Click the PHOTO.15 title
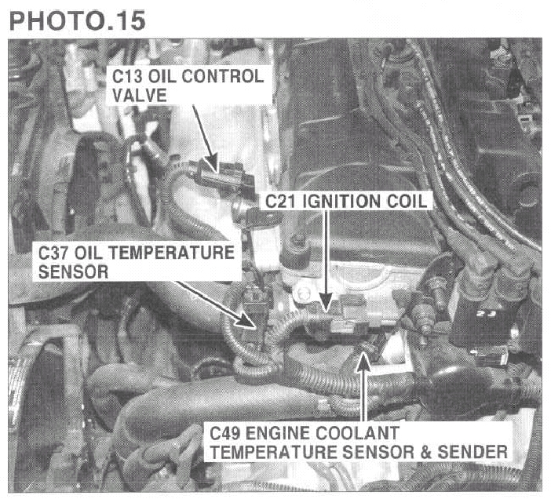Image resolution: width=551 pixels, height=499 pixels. point(77,20)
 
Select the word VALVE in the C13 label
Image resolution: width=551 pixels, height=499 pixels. point(140,95)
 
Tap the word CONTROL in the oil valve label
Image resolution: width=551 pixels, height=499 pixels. point(223,76)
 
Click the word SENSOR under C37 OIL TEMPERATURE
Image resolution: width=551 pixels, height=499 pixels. point(73,271)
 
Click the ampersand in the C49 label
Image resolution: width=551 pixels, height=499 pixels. point(426,452)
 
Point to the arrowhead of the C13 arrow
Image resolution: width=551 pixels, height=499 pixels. point(212,163)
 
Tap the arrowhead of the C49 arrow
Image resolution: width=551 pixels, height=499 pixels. point(364,362)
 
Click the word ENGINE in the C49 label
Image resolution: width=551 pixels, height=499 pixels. point(277,433)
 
